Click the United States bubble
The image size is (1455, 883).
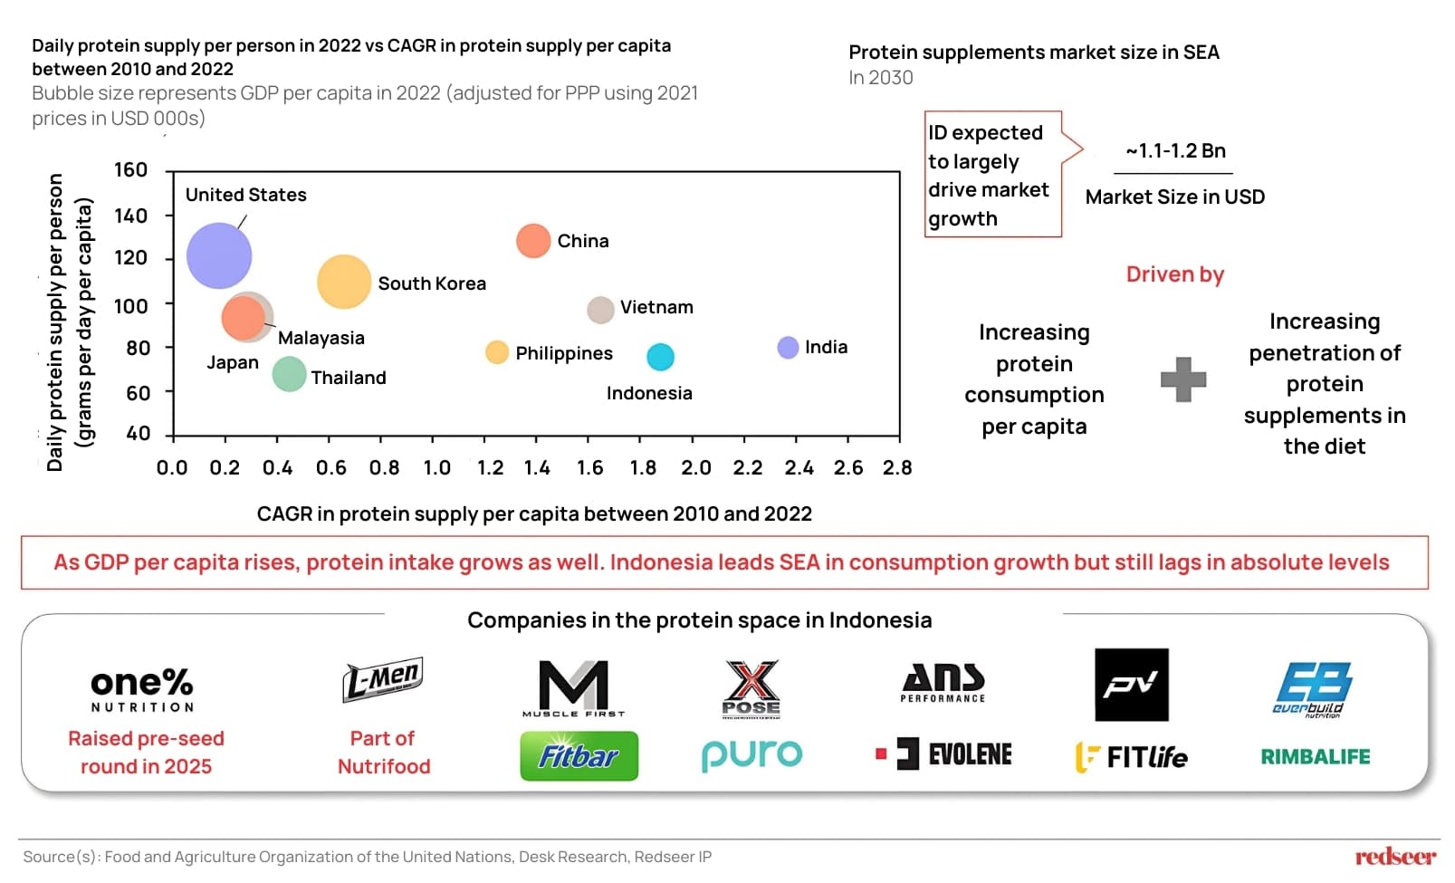(219, 256)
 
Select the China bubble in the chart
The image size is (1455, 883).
(533, 241)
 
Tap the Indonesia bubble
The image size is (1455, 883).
(660, 357)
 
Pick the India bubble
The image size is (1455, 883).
(788, 348)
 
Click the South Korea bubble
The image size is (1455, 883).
(344, 282)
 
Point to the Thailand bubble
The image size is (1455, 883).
(289, 374)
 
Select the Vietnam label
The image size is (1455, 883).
(656, 307)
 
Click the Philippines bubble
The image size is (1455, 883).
(496, 352)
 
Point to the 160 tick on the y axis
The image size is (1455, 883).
(130, 170)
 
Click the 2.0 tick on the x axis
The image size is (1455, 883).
(695, 468)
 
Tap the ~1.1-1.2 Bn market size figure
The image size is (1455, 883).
(1174, 151)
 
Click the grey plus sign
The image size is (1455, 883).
(1183, 379)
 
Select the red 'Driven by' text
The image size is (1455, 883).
(1174, 274)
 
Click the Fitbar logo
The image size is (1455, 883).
(579, 756)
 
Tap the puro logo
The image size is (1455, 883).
(751, 754)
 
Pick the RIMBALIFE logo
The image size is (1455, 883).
(1315, 756)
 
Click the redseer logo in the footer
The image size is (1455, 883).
(1394, 857)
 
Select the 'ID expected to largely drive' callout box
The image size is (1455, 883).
(992, 175)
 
